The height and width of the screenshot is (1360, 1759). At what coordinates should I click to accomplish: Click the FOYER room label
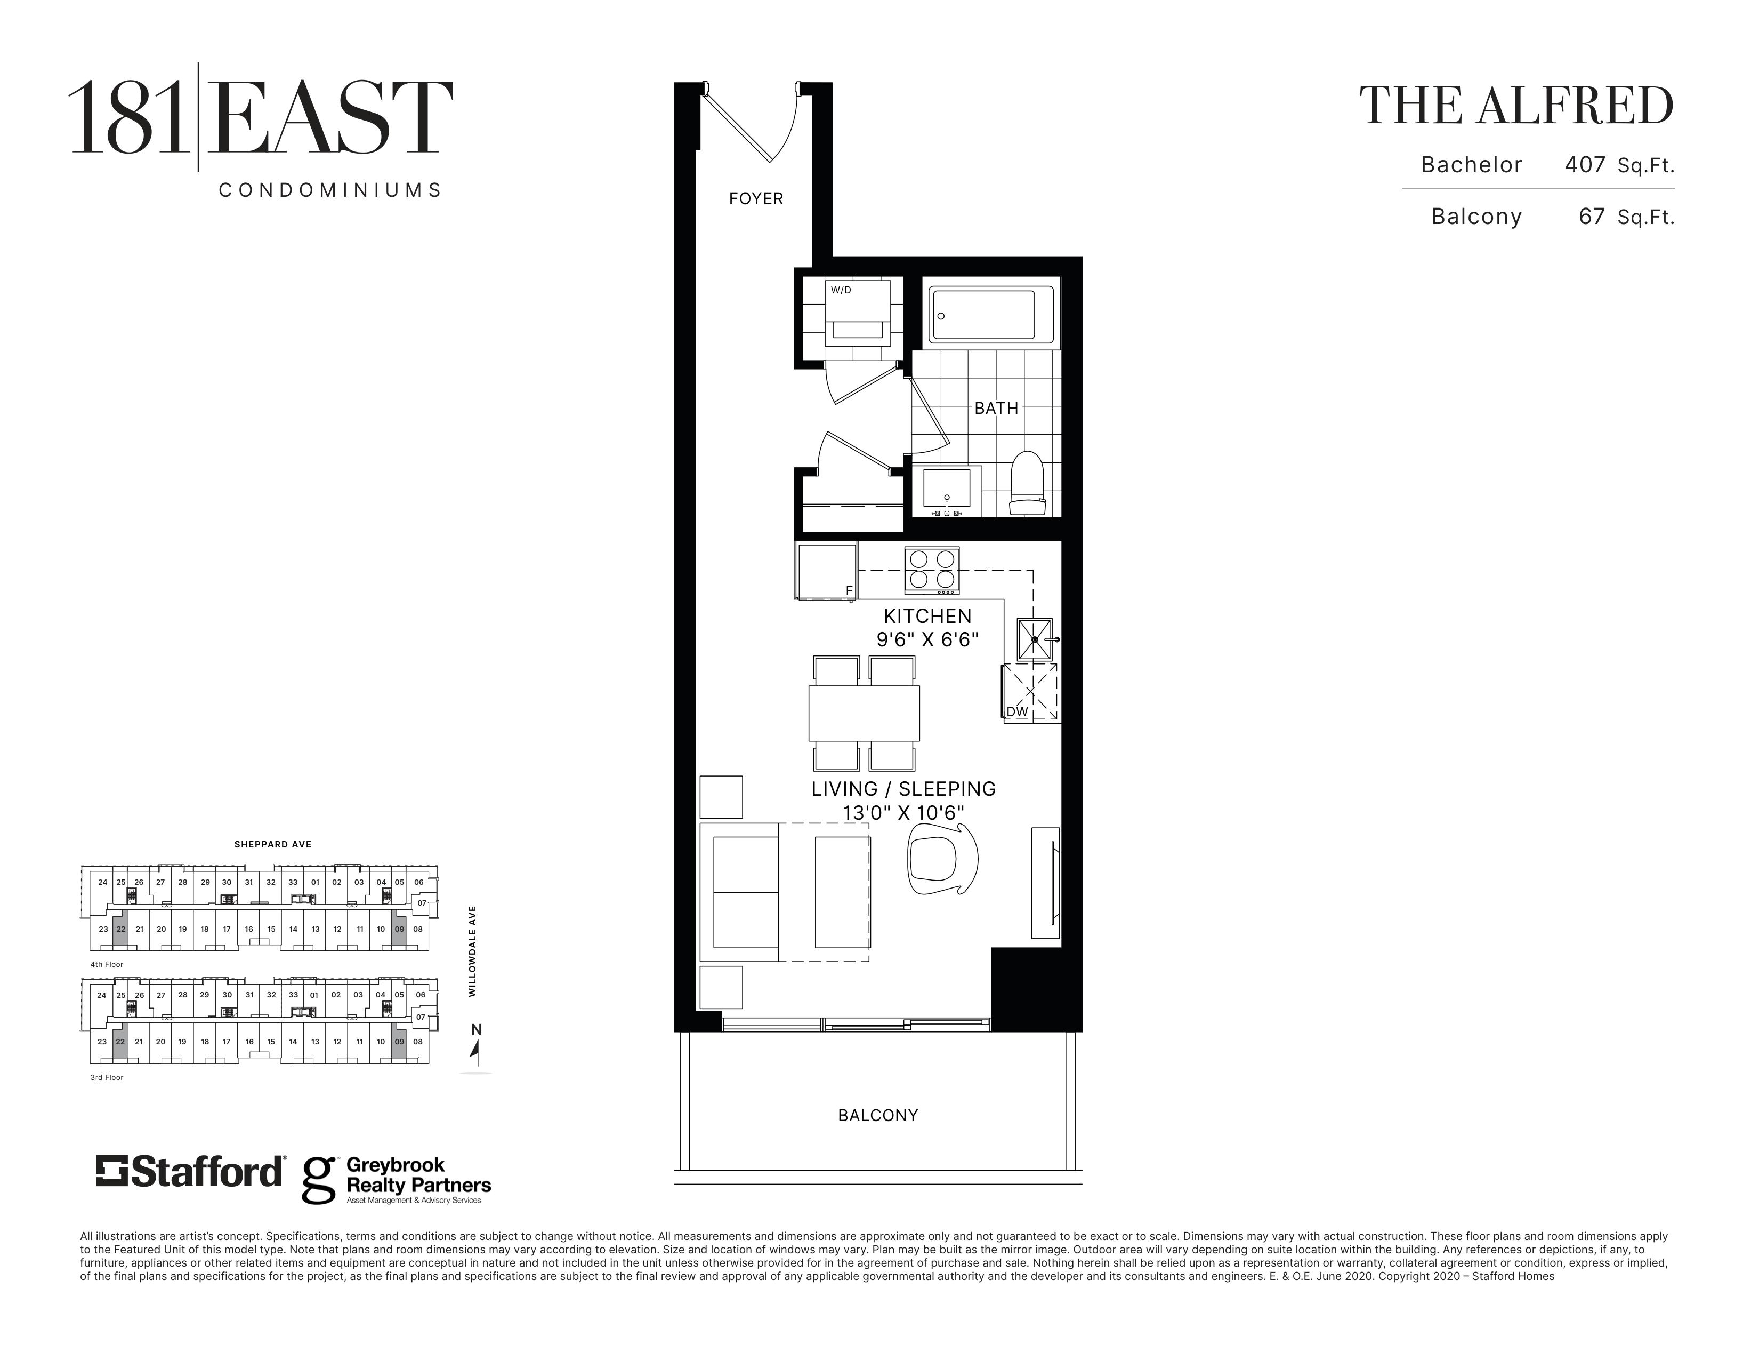755,198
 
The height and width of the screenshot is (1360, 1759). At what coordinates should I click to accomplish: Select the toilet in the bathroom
1027,483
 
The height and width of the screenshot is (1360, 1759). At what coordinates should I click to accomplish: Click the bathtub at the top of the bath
991,314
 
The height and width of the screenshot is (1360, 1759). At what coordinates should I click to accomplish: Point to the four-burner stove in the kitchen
932,571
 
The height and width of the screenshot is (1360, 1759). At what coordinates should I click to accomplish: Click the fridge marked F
826,571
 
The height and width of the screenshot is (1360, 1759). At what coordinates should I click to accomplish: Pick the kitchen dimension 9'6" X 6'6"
928,639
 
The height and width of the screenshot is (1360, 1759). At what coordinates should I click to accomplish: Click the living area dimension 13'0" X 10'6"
903,813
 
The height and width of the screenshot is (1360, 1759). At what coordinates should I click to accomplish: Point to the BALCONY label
878,1115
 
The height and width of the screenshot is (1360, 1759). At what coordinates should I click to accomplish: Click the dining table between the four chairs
864,713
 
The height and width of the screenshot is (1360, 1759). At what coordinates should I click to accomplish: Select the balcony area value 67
1592,216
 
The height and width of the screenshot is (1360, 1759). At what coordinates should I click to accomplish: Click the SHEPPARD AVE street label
273,844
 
